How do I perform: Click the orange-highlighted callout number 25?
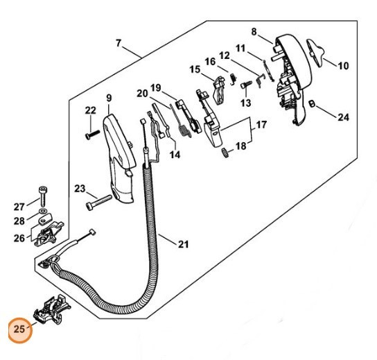click(x=19, y=329)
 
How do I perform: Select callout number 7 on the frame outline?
click(x=118, y=43)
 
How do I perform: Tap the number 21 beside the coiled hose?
click(x=183, y=244)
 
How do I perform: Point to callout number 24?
click(x=343, y=117)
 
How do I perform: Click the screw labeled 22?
click(x=93, y=135)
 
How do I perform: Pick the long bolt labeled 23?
click(x=99, y=203)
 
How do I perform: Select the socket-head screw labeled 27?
click(x=43, y=196)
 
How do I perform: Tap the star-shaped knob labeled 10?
click(x=315, y=53)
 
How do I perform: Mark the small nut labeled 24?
click(x=312, y=104)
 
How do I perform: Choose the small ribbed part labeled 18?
click(x=225, y=153)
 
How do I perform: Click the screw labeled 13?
click(x=246, y=85)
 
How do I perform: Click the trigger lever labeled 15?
click(x=219, y=90)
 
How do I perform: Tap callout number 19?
click(x=155, y=88)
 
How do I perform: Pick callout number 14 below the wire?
click(x=175, y=155)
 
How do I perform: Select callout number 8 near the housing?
click(x=254, y=32)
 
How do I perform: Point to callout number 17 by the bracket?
click(x=261, y=125)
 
